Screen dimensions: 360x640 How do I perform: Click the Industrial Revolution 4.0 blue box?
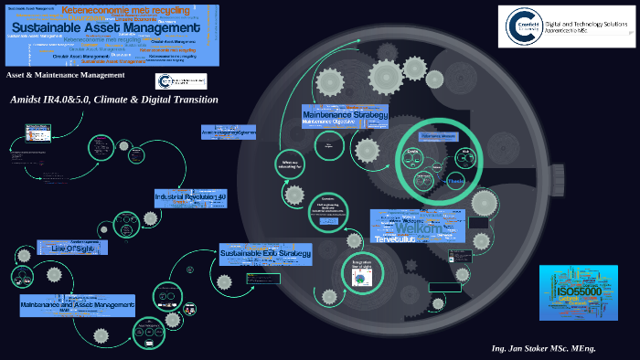coord(189,196)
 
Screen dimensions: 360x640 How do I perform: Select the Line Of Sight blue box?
coord(72,247)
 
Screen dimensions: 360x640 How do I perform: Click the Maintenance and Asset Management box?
coord(78,304)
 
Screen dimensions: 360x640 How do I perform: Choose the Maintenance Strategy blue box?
coord(346,116)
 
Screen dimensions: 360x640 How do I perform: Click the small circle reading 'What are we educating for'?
coord(290,164)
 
